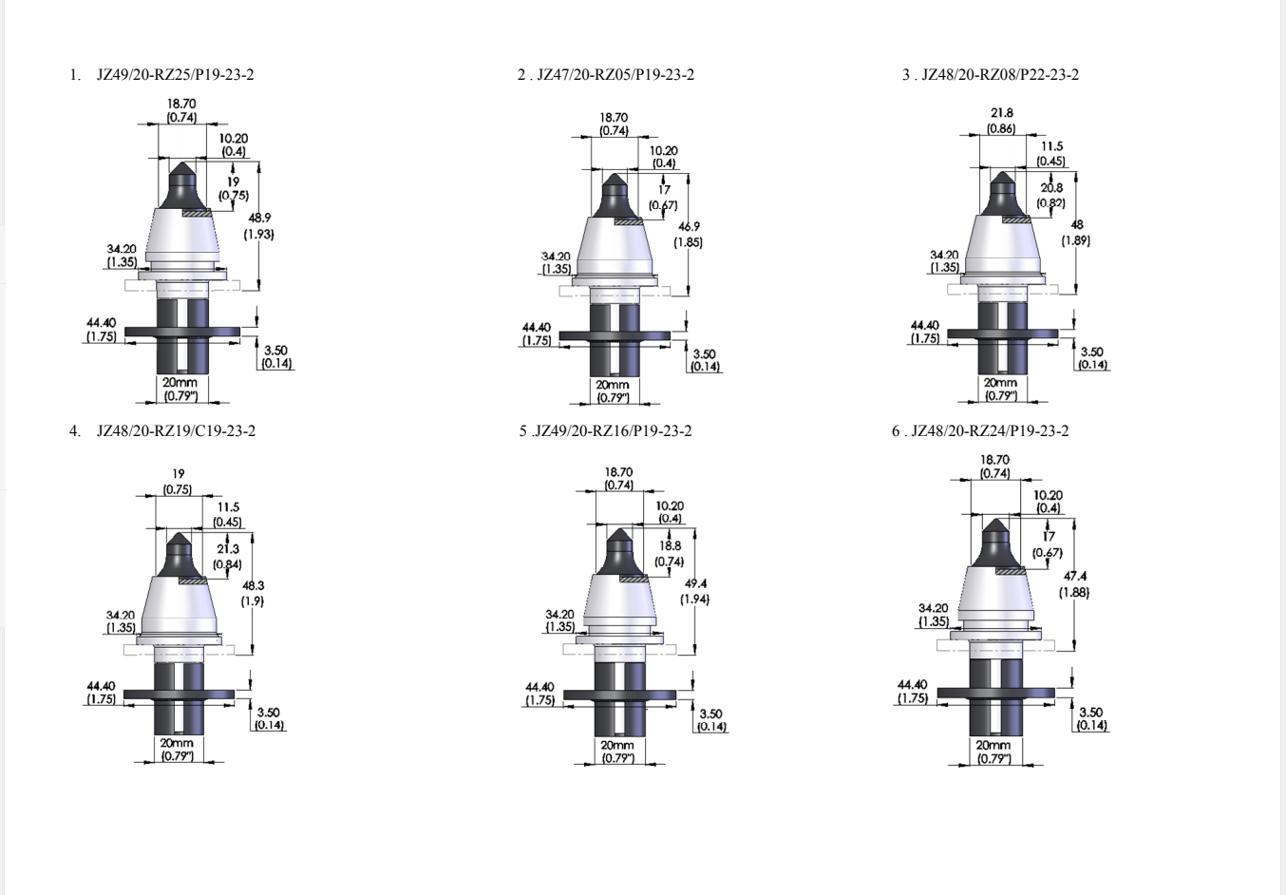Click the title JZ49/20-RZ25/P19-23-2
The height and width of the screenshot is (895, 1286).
tap(175, 75)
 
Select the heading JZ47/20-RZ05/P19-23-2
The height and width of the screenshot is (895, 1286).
tap(615, 75)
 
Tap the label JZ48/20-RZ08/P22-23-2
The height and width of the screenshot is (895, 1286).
tap(1000, 75)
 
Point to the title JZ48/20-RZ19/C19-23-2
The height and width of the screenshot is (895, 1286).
tap(176, 430)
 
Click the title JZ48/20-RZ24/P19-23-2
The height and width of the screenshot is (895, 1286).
tap(990, 430)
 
